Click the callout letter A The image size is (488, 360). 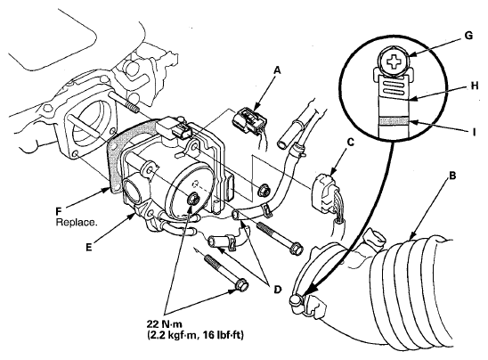click(x=276, y=71)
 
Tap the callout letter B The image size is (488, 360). click(x=452, y=176)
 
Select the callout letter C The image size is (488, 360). click(x=350, y=143)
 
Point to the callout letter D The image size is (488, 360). click(x=277, y=290)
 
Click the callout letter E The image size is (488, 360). click(x=89, y=247)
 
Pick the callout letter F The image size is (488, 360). click(x=59, y=212)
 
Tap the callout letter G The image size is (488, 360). click(x=468, y=36)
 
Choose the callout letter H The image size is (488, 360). click(x=475, y=86)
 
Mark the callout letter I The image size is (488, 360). click(x=475, y=133)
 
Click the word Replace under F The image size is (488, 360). click(x=76, y=223)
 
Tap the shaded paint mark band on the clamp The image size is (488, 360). click(x=394, y=121)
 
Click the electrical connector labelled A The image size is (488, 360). click(x=249, y=123)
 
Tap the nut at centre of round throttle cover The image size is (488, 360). click(x=193, y=199)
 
